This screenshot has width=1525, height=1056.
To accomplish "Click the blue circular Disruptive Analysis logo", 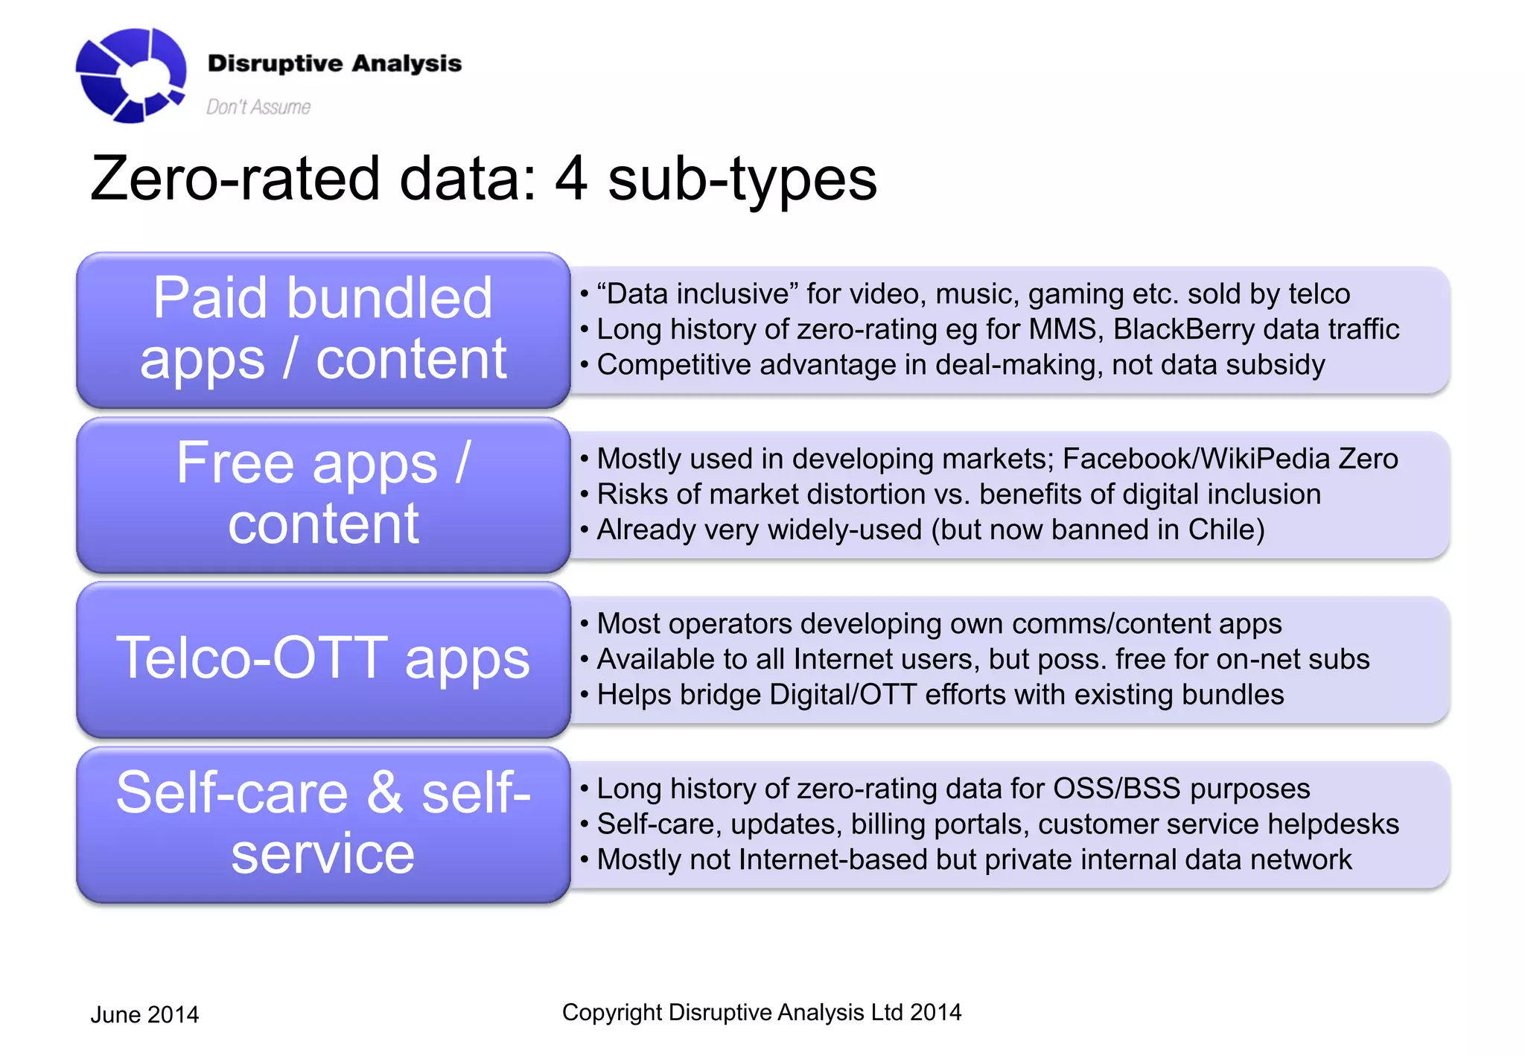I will (131, 75).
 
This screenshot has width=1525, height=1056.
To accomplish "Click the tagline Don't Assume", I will (258, 107).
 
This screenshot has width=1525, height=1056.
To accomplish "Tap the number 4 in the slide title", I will (570, 179).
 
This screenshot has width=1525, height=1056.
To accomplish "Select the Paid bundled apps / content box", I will (323, 329).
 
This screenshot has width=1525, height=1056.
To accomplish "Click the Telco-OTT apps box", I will (323, 659).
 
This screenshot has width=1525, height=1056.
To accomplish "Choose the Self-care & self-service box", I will (323, 824).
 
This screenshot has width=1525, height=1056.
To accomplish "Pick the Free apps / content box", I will (323, 494).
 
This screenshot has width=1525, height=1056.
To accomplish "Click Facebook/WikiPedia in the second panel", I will (1196, 459).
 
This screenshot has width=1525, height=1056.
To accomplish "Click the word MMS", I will (1063, 329).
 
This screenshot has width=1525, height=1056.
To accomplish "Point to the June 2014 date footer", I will (144, 1014).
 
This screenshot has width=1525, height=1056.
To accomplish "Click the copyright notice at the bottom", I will (761, 1012).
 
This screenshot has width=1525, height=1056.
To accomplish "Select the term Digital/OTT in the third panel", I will (842, 695).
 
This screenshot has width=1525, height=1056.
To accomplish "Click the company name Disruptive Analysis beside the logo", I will (334, 63).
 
